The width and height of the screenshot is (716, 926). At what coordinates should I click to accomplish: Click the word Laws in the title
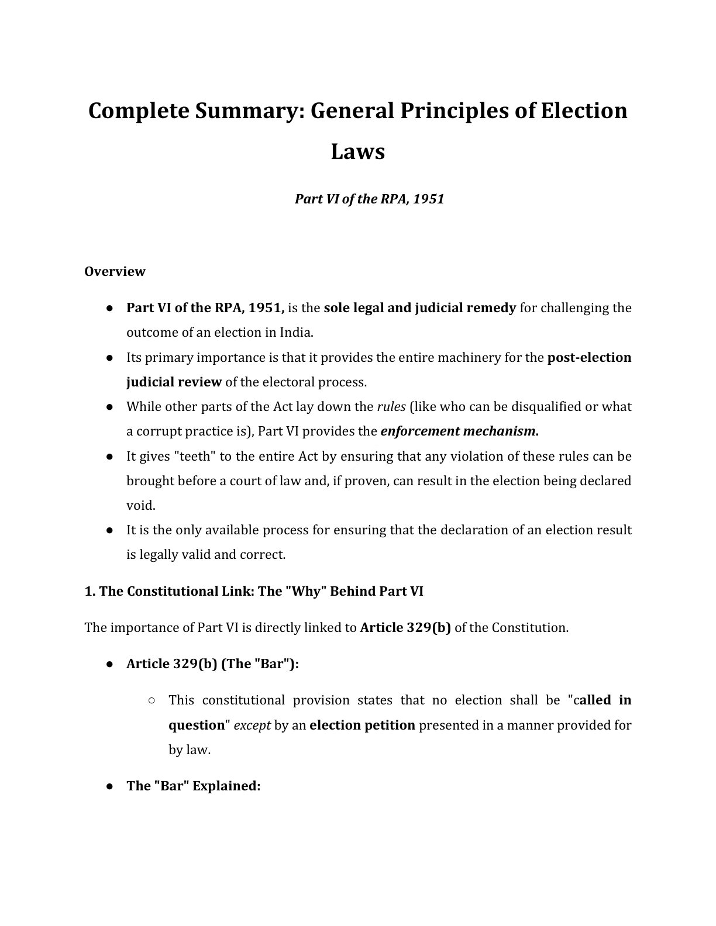[x=357, y=152]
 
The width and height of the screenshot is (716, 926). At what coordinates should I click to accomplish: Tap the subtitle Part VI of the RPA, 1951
[x=369, y=199]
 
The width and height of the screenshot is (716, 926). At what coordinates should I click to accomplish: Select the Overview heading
[x=115, y=272]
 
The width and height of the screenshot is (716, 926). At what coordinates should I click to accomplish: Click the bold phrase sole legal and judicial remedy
[x=419, y=308]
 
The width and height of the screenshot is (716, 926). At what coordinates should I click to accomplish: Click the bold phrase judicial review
[x=174, y=382]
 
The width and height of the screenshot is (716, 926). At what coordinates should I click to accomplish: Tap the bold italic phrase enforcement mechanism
[x=458, y=431]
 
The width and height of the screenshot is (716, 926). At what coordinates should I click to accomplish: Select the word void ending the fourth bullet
[x=140, y=506]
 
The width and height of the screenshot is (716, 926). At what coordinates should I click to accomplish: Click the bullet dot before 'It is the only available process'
[x=109, y=531]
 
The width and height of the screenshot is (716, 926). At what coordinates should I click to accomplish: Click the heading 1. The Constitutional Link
[x=253, y=592]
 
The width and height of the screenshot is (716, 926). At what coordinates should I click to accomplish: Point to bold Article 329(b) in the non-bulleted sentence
[x=405, y=628]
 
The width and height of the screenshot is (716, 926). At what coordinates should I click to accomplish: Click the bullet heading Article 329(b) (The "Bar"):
[x=212, y=664]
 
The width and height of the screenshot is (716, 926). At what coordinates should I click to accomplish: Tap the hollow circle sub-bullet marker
[x=152, y=700]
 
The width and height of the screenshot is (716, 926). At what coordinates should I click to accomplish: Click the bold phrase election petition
[x=362, y=725]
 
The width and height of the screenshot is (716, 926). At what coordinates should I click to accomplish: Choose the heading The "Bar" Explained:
[x=193, y=786]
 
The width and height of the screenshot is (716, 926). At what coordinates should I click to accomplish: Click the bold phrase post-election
[x=589, y=358]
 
